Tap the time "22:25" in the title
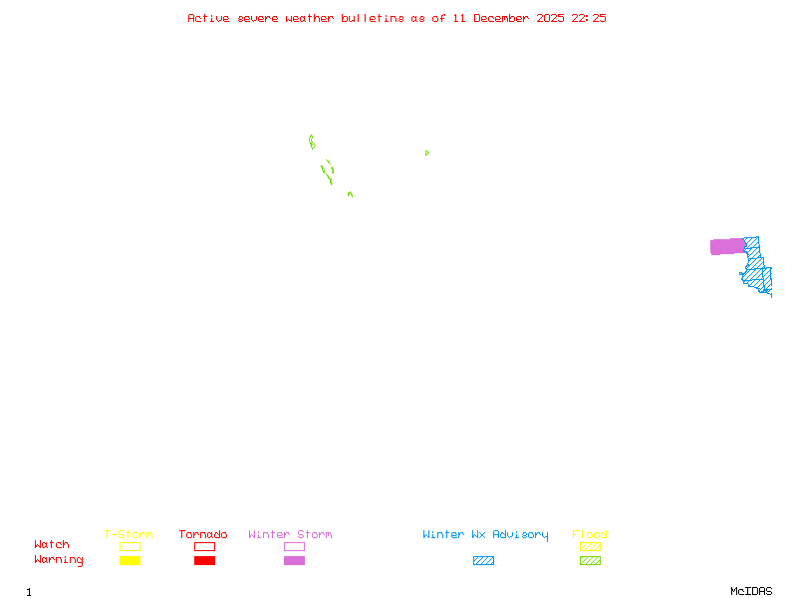[589, 18]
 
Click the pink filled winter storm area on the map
[726, 246]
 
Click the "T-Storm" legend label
[129, 535]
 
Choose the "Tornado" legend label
[203, 535]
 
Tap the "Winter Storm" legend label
[290, 535]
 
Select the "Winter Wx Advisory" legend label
[485, 535]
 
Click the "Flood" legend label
[589, 535]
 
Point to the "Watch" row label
[52, 545]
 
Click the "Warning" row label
[59, 560]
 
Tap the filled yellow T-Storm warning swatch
[130, 561]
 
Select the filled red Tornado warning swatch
[204, 561]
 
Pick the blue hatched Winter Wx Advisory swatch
[483, 561]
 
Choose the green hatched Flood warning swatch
[590, 561]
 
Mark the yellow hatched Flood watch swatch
[590, 546]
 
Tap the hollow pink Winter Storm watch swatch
[294, 546]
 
